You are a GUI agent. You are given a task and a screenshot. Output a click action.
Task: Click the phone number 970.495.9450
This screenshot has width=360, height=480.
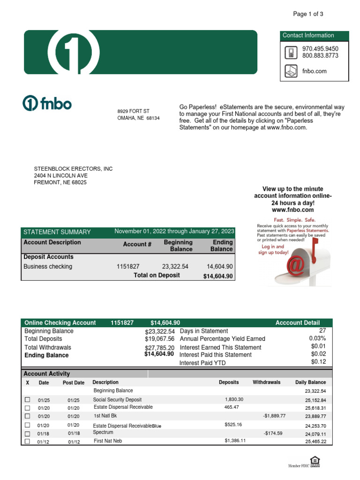pyautogui.click(x=320, y=49)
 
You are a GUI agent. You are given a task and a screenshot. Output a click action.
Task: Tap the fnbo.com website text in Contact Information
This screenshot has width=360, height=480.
pyautogui.click(x=314, y=71)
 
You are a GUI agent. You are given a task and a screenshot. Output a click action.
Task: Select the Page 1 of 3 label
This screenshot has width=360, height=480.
pyautogui.click(x=308, y=14)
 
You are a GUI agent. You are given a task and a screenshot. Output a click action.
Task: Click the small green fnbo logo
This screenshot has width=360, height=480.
pyautogui.click(x=47, y=104)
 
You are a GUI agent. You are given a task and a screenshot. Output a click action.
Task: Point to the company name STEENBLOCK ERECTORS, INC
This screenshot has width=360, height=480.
pyautogui.click(x=73, y=169)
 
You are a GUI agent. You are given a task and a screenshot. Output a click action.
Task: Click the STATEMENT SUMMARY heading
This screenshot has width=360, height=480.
pyautogui.click(x=57, y=232)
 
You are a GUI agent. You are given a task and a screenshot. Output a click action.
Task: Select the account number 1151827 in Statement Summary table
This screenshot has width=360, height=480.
pyautogui.click(x=128, y=266)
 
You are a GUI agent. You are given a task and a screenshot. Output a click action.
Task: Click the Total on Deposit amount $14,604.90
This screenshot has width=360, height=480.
pyautogui.click(x=218, y=277)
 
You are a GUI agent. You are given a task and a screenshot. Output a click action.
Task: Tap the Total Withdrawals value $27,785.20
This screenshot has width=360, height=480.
pyautogui.click(x=159, y=348)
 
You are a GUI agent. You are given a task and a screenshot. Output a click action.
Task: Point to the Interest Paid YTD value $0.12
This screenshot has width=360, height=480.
pyautogui.click(x=318, y=362)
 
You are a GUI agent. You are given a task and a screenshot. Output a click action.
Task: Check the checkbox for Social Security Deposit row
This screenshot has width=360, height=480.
pyautogui.click(x=27, y=400)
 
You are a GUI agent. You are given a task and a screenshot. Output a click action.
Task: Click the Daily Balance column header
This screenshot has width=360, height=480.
pyautogui.click(x=310, y=382)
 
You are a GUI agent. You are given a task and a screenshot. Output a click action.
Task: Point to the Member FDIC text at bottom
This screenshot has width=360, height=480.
pyautogui.click(x=299, y=465)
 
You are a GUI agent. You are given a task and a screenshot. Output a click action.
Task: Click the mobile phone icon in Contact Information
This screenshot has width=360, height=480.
pyautogui.click(x=291, y=52)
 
